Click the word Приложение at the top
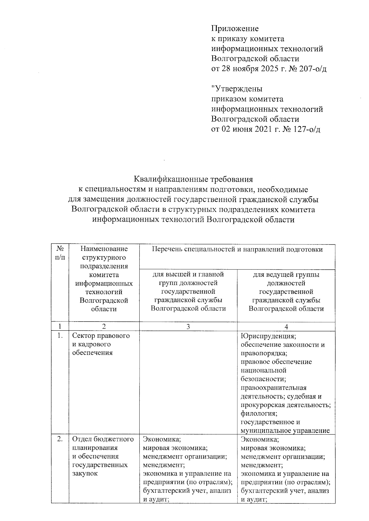pos(235,29)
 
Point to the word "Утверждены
pos(237,89)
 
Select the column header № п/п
pos(60,253)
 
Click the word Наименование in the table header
pos(104,249)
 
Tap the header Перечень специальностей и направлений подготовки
pos(237,249)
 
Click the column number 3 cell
pos(188,327)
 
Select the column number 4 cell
pos(286,327)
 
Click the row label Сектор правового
pos(101,336)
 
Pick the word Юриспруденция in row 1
pos(268,336)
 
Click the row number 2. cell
pos(60,439)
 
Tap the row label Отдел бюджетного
pos(103,439)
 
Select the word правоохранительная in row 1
pos(273,388)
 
